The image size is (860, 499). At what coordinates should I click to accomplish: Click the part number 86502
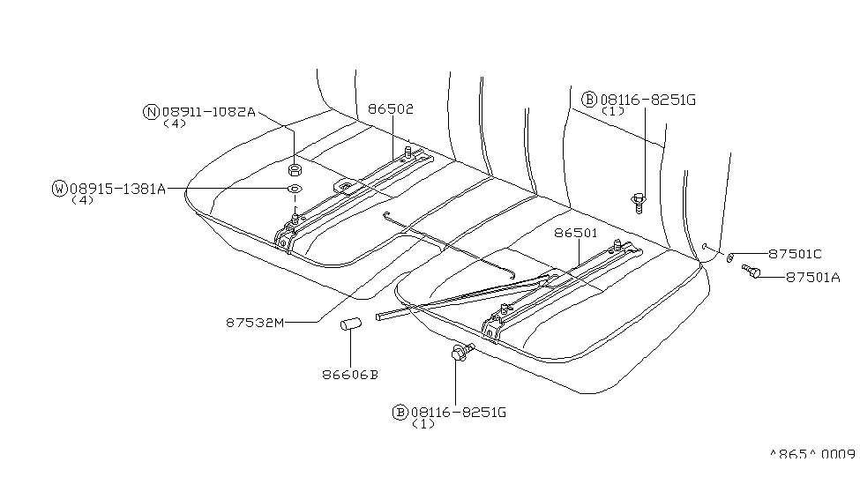pos(391,109)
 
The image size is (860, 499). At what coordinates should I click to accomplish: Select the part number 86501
pos(577,234)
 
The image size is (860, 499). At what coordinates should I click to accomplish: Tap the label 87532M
pos(255,323)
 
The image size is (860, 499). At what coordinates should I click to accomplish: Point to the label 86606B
pos(350,374)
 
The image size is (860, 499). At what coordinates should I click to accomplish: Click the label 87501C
pos(795,254)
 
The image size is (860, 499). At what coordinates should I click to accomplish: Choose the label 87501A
pos(812,276)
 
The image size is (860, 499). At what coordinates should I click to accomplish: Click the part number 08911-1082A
pos(208,112)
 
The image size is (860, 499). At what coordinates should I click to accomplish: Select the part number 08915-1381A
pos(117,188)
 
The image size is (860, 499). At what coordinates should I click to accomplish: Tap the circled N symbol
pos(151,112)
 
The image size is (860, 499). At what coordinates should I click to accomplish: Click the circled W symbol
pos(60,188)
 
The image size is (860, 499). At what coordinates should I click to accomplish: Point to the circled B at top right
pos(588,100)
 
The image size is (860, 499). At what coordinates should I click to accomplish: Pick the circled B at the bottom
pos(400,412)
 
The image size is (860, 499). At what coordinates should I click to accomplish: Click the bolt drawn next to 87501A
pos(752,272)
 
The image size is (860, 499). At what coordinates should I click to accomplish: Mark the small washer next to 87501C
pos(731,257)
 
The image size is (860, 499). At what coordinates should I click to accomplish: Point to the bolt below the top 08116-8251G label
pos(637,202)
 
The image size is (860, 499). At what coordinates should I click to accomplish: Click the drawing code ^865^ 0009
pos(812,454)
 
